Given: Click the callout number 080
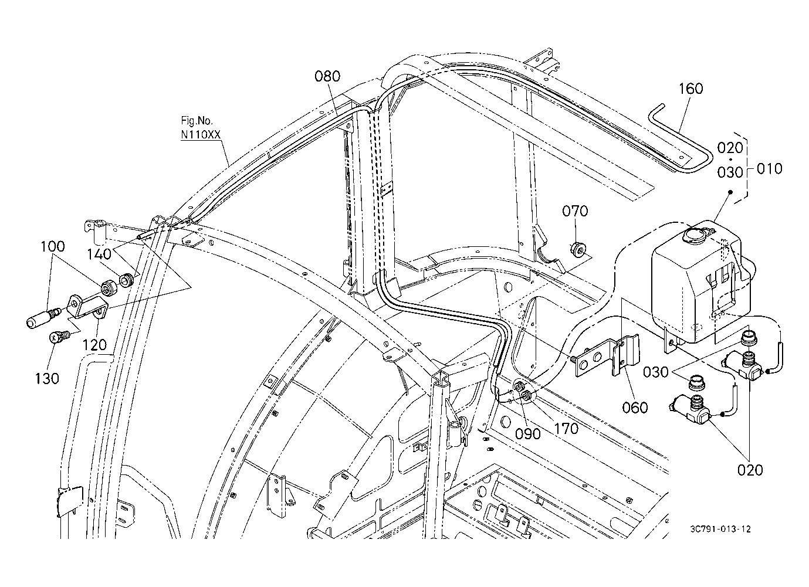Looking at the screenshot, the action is pyautogui.click(x=327, y=77).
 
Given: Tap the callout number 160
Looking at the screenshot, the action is pyautogui.click(x=691, y=89).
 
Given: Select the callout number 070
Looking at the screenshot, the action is pyautogui.click(x=575, y=211).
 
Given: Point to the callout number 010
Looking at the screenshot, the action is pyautogui.click(x=769, y=168).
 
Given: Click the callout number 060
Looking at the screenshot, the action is pyautogui.click(x=635, y=408).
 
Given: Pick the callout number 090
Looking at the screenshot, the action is pyautogui.click(x=527, y=434).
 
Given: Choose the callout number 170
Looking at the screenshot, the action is pyautogui.click(x=566, y=429).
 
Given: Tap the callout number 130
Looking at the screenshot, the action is pyautogui.click(x=47, y=379).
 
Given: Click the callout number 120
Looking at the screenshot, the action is pyautogui.click(x=94, y=345).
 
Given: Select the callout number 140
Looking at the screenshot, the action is pyautogui.click(x=99, y=254).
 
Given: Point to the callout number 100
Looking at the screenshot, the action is pyautogui.click(x=53, y=246).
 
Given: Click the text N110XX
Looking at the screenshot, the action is pyautogui.click(x=201, y=135).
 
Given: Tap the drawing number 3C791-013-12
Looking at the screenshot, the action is pyautogui.click(x=720, y=530).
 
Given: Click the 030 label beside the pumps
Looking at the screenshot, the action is pyautogui.click(x=656, y=372).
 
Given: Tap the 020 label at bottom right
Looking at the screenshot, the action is pyautogui.click(x=750, y=470).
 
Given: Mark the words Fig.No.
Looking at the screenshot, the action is pyautogui.click(x=197, y=120).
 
